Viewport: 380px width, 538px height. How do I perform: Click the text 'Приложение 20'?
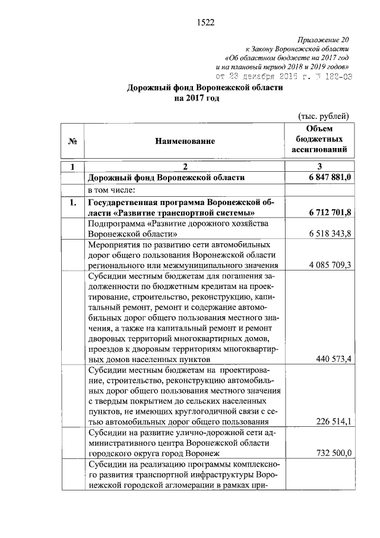(x=325, y=39)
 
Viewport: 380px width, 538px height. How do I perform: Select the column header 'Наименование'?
(x=185, y=141)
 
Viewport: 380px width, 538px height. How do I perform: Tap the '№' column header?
(x=74, y=141)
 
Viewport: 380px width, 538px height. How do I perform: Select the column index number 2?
(x=185, y=166)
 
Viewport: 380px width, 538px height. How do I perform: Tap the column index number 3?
(x=319, y=166)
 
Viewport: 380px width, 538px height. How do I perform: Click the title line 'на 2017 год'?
(x=197, y=98)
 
